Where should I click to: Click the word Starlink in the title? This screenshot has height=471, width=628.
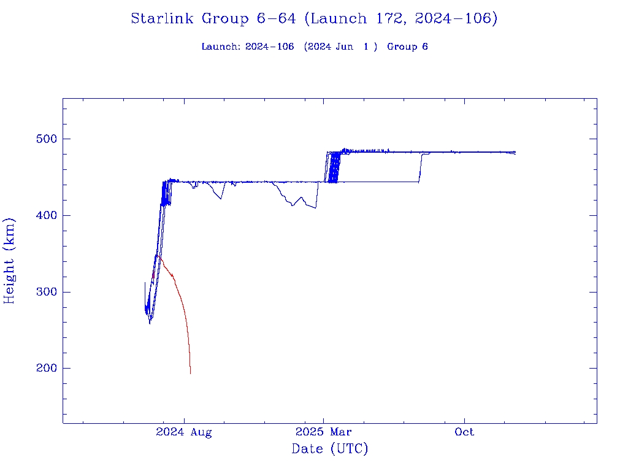(x=163, y=19)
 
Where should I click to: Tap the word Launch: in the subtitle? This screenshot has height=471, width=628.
(x=221, y=47)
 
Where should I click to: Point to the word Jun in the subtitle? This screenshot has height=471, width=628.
(x=343, y=47)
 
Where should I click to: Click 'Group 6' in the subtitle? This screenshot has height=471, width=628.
(x=407, y=47)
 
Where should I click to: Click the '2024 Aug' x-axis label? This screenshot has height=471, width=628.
(x=183, y=432)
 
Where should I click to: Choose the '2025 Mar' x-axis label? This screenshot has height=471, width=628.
(x=324, y=432)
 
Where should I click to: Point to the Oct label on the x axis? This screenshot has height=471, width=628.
(x=464, y=432)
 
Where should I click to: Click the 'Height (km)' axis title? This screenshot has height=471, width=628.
(x=10, y=261)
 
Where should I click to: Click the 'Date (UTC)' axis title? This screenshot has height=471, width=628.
(x=330, y=450)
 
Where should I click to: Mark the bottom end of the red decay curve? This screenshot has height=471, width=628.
(x=190, y=373)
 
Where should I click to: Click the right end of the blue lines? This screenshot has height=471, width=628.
(x=515, y=152)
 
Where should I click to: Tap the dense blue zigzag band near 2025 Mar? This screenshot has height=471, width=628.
(x=334, y=167)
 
